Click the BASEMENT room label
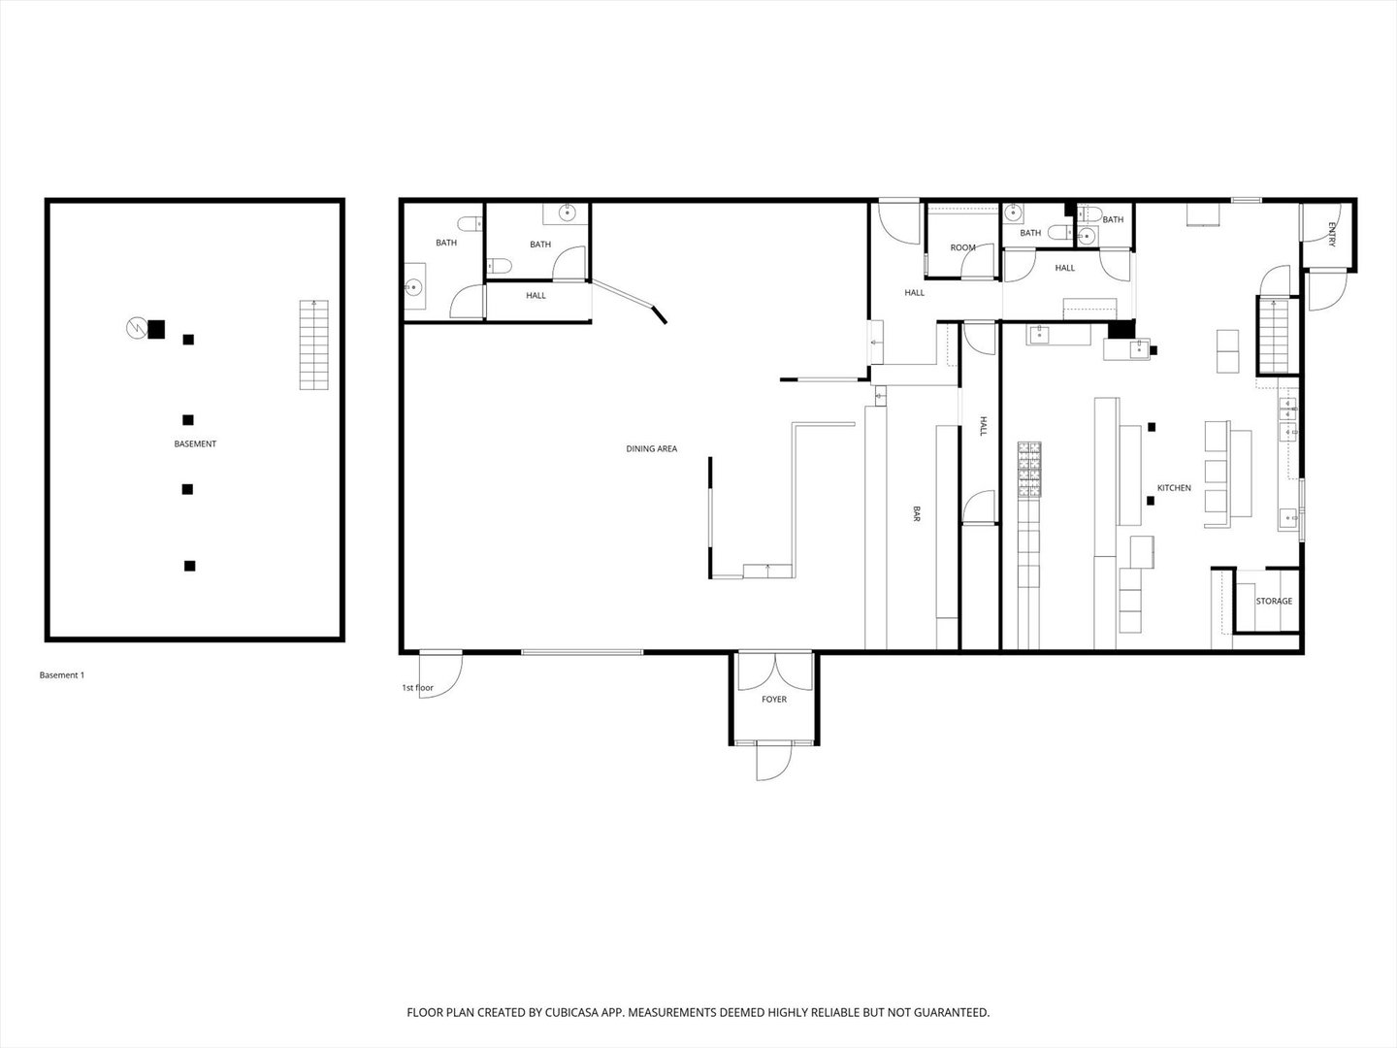195,443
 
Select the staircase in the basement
313,344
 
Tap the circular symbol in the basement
136,329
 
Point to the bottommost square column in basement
190,566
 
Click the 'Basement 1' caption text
61,675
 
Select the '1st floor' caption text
417,688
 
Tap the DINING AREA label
651,449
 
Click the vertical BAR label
916,514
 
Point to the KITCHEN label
1173,488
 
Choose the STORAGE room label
1274,602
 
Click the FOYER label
774,699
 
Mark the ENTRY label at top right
1331,235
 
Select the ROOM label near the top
962,247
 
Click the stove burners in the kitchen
1029,471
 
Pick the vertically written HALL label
982,426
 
